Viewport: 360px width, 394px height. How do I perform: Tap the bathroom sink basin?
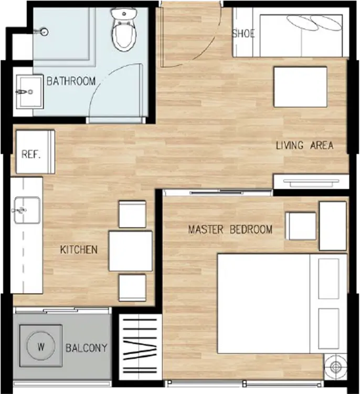pos(29,92)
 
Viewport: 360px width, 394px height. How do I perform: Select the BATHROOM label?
pos(71,81)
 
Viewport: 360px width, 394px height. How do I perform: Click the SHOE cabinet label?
pos(243,34)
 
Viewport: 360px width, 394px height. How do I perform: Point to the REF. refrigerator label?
pos(31,154)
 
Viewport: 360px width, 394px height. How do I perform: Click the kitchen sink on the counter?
pos(27,210)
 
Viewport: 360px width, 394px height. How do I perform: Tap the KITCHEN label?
pos(79,250)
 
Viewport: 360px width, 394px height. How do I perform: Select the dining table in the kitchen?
pos(131,251)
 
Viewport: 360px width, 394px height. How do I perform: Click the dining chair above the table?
pos(132,214)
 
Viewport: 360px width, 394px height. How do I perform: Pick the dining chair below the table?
pos(132,288)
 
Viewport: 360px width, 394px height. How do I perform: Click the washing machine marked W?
pos(41,346)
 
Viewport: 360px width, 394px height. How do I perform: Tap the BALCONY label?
pos(87,348)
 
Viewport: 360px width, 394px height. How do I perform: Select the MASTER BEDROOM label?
pos(230,230)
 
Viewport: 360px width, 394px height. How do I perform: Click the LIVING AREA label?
pos(305,146)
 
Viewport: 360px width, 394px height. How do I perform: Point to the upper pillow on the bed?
pos(329,278)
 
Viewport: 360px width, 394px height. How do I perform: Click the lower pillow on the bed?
pos(329,329)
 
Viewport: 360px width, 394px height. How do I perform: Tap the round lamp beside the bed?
pos(335,367)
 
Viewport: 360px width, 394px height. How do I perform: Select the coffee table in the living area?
pos(301,87)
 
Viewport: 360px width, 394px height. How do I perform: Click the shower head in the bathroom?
pos(42,32)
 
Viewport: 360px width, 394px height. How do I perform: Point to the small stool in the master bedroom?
pos(301,226)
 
